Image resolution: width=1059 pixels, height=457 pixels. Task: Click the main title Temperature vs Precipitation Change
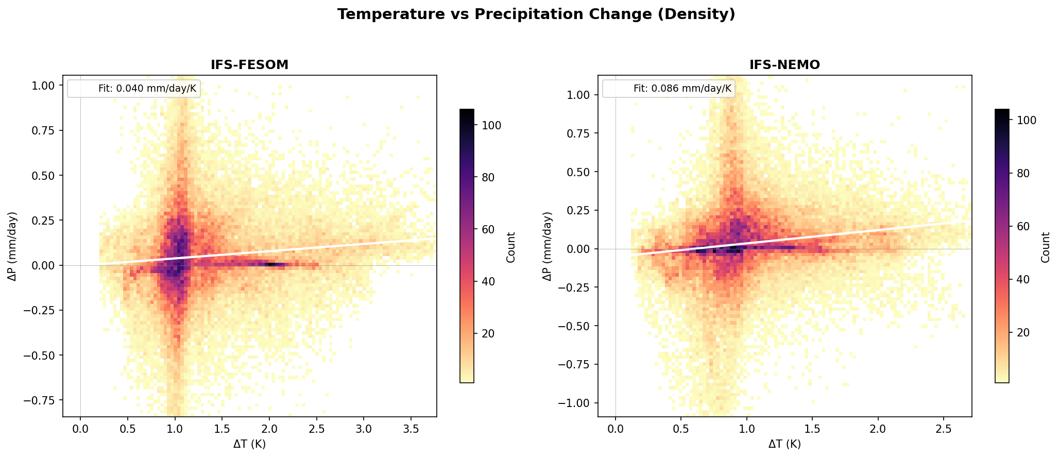tap(536, 14)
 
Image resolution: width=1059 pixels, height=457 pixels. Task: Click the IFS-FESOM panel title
tap(249, 65)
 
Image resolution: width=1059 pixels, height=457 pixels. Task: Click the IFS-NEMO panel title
tap(784, 65)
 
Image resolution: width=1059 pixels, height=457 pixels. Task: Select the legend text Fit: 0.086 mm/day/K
tap(682, 89)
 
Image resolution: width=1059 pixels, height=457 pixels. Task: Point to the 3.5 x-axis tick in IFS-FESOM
tap(411, 429)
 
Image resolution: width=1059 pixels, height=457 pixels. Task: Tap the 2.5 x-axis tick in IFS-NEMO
tap(943, 429)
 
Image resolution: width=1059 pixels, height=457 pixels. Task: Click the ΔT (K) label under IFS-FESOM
tap(249, 444)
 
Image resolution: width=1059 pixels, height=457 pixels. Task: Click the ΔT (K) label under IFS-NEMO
tap(784, 444)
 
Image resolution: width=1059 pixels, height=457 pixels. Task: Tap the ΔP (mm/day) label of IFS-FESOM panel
tap(13, 246)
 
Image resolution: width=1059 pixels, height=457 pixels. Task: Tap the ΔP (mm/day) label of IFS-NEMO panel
tap(548, 246)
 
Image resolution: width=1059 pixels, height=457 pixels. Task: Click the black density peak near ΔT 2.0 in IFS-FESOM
tap(271, 264)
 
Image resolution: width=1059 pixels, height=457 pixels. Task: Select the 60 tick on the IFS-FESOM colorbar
tap(486, 229)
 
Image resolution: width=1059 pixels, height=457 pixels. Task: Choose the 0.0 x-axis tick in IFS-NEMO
tap(615, 429)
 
